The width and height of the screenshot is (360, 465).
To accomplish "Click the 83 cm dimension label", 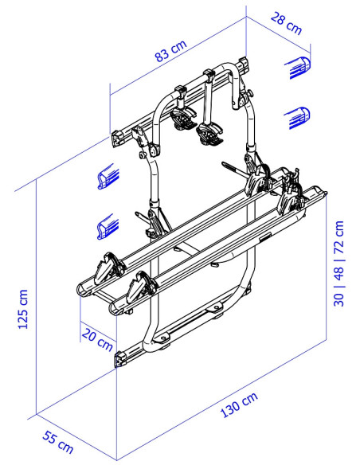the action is click(x=171, y=50).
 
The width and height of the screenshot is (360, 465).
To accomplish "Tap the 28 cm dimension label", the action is click(x=286, y=23).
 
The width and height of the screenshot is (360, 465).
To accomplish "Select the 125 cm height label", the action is click(x=23, y=309).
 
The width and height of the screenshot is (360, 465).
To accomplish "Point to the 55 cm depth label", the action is click(x=58, y=442).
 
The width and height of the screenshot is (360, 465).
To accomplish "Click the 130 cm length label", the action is click(x=239, y=404).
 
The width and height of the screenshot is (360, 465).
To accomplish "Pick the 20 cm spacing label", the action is click(x=97, y=338).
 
